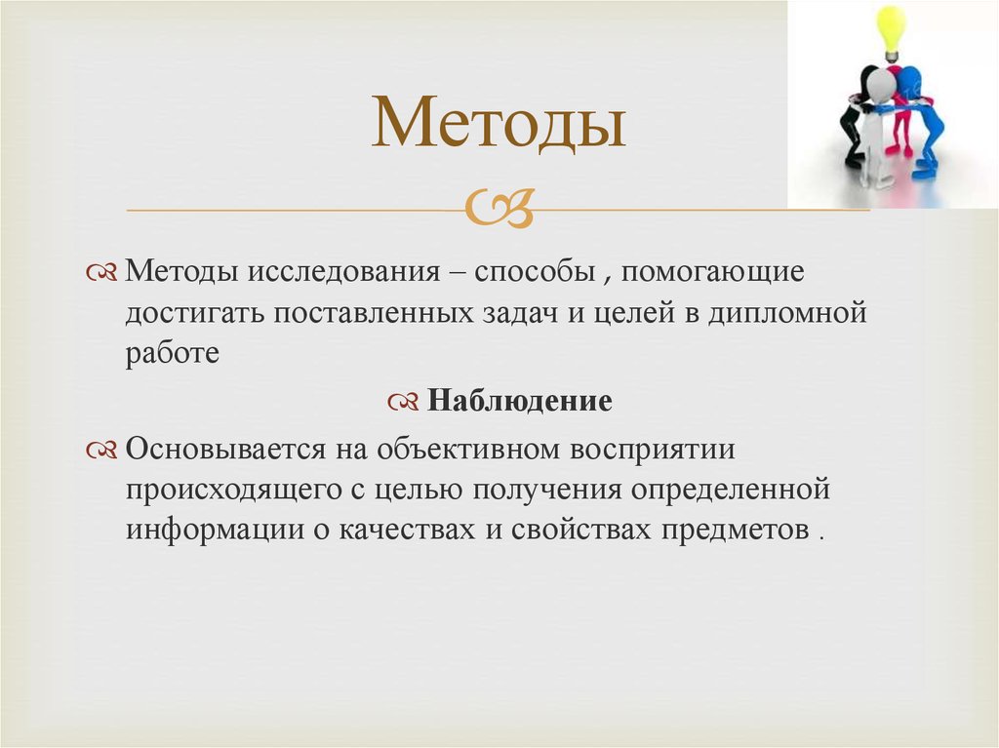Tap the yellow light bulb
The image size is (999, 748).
click(x=890, y=26)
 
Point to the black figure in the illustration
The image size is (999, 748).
click(x=856, y=122)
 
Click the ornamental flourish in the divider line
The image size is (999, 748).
click(x=499, y=207)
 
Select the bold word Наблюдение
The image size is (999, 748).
click(x=520, y=401)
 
